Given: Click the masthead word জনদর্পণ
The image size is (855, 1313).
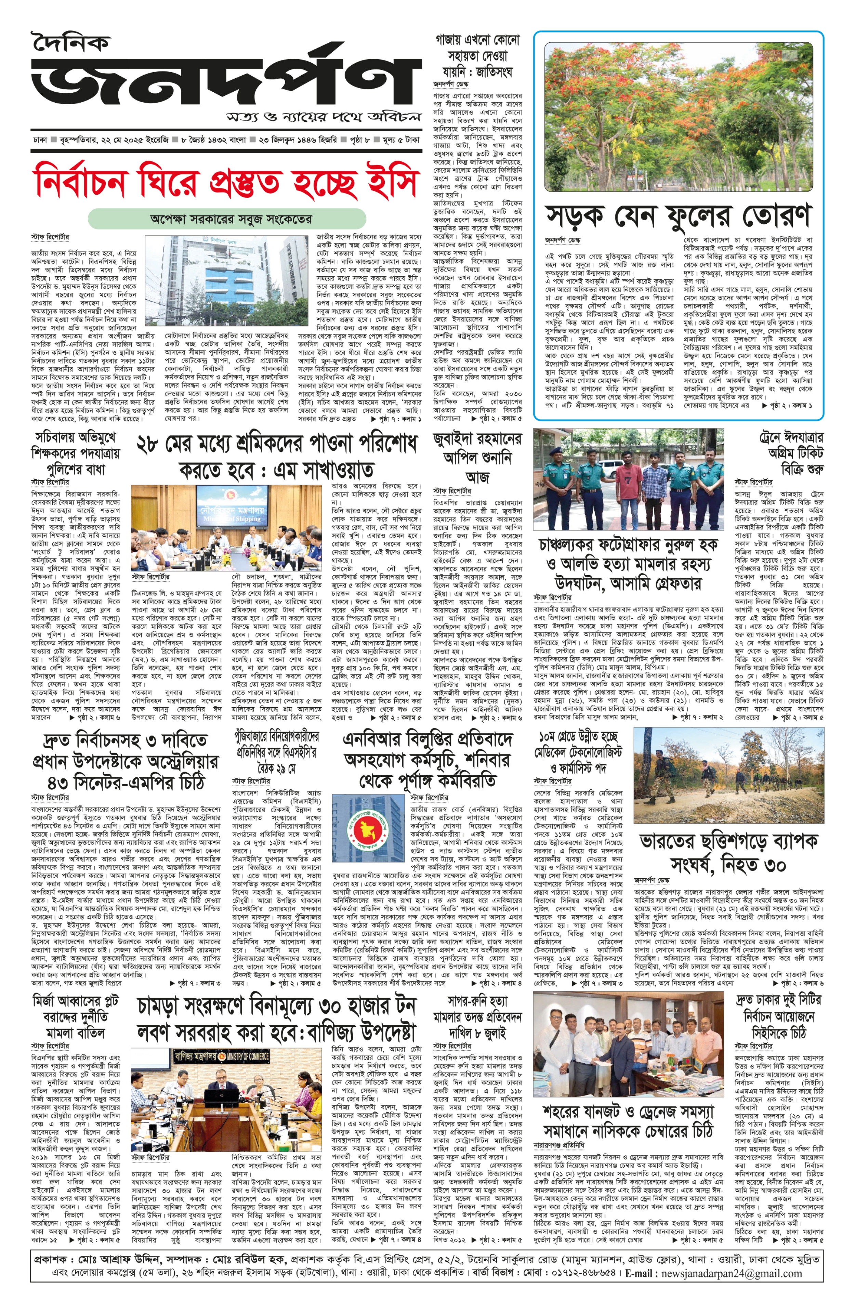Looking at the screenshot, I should (x=221, y=83).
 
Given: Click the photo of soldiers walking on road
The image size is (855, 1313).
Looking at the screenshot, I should (x=728, y=775).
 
